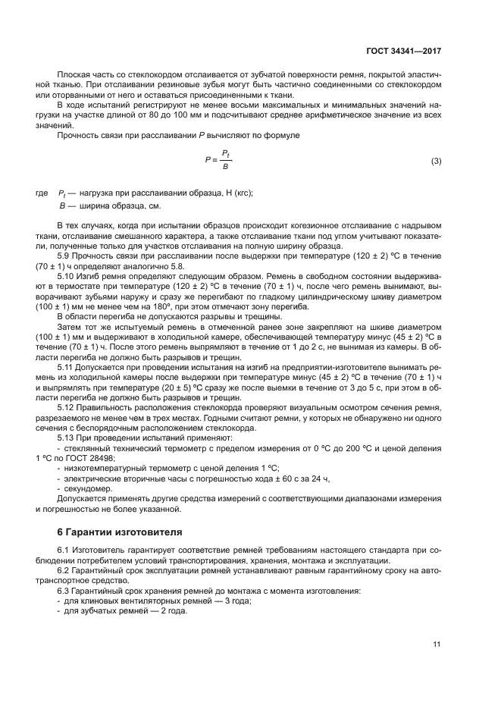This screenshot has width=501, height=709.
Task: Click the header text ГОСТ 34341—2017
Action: [402, 51]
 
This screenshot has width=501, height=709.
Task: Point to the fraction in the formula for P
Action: [225, 160]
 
